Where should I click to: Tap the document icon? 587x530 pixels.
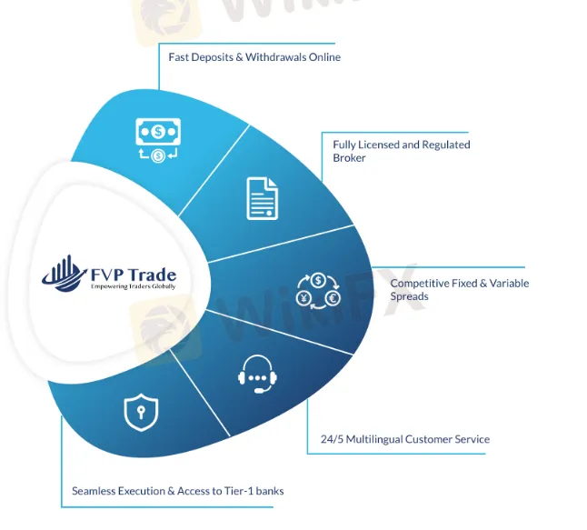(x=262, y=197)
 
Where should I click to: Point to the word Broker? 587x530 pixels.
(x=350, y=157)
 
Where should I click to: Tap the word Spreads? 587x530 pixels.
(x=409, y=296)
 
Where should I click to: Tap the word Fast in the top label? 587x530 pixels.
(x=178, y=57)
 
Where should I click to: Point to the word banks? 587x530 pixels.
(x=270, y=491)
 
